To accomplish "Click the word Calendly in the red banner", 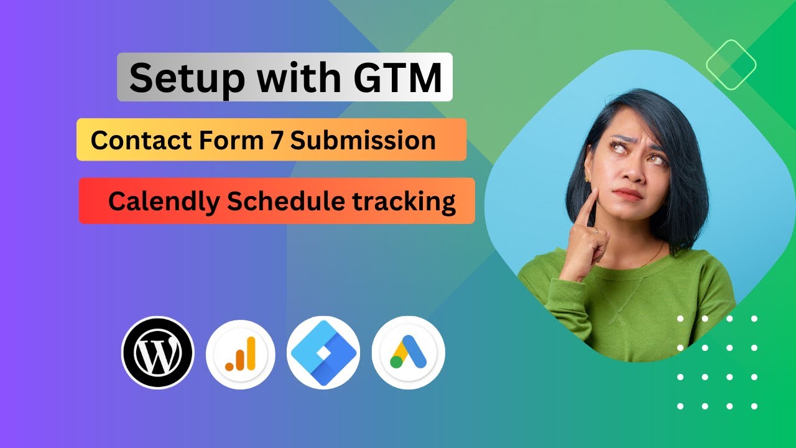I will (x=164, y=201).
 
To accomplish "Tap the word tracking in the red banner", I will (x=404, y=202).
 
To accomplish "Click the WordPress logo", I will (x=158, y=353).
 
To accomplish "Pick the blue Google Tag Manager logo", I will (x=323, y=353).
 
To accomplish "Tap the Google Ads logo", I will (x=408, y=353).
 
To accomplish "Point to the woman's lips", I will (x=629, y=195).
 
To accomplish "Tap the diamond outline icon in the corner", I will (x=731, y=64).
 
